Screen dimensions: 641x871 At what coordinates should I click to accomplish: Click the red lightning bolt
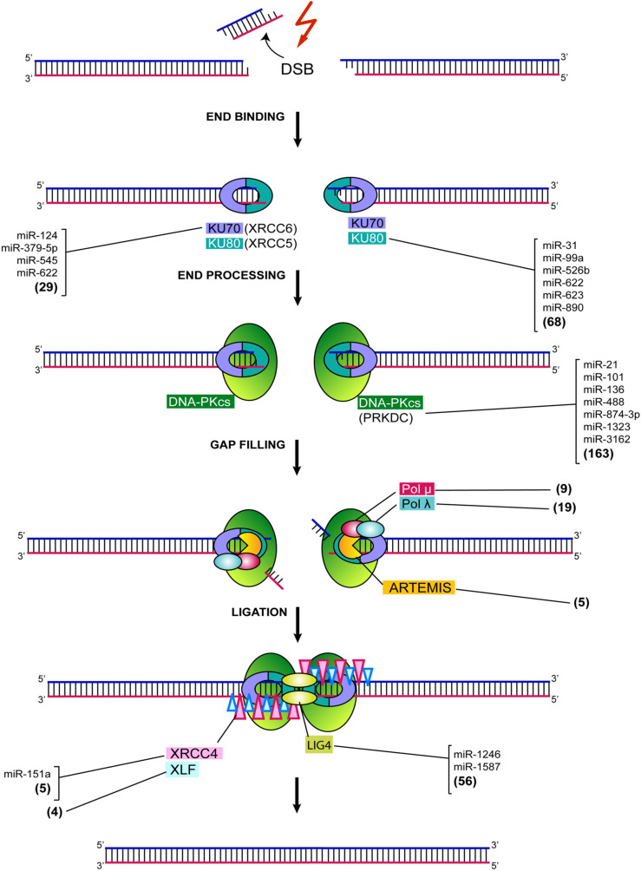tap(305, 24)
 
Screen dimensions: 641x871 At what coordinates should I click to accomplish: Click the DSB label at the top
tap(298, 69)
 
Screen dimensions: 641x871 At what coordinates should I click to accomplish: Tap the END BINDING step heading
tap(245, 116)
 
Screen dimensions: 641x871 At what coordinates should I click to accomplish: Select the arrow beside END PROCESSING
tap(298, 288)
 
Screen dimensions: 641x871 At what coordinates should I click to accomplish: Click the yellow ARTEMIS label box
tap(419, 587)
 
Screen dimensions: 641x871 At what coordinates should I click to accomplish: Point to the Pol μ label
tap(417, 488)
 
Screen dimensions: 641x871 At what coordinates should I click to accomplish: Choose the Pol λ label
tap(417, 504)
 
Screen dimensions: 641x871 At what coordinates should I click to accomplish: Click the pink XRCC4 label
tap(193, 754)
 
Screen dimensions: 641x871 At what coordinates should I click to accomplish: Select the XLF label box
tap(182, 769)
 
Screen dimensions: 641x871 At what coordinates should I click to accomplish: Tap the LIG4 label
tap(319, 745)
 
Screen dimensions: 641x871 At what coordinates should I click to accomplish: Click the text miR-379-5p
tap(29, 248)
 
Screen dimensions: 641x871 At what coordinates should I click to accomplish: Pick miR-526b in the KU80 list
tap(566, 271)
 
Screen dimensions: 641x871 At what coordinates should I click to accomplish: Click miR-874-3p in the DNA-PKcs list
tap(612, 415)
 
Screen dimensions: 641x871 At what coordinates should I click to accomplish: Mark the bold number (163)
tap(598, 453)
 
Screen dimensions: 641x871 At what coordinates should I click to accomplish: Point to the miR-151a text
tap(27, 774)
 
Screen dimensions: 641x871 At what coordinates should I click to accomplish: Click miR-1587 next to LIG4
tap(476, 767)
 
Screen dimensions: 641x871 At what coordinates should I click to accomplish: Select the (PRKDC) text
tap(385, 418)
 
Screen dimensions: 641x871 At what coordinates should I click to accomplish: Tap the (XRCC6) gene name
tap(271, 228)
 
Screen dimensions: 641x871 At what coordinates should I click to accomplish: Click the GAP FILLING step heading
tap(248, 445)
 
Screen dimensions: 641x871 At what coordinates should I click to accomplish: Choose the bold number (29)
tap(46, 287)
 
